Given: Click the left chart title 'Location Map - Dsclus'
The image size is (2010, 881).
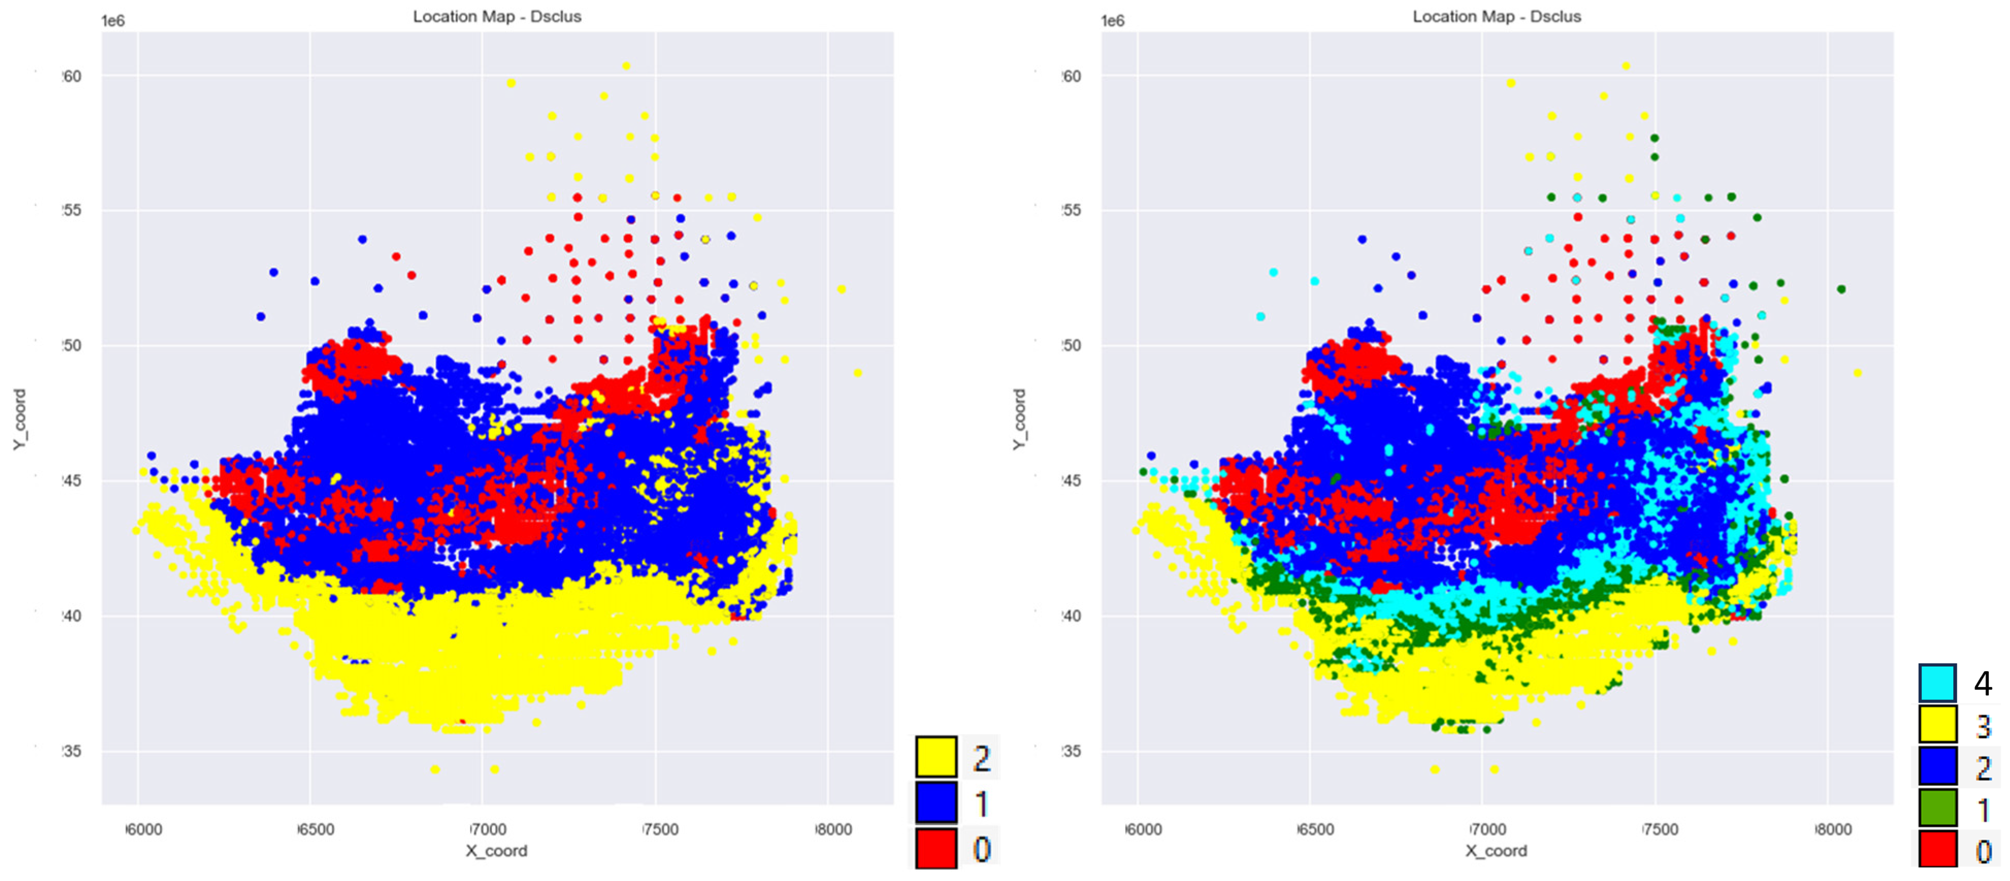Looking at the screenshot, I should tap(497, 16).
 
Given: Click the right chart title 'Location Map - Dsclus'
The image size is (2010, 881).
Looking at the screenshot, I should tap(1496, 16).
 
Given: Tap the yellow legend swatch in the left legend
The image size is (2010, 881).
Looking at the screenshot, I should tap(935, 757).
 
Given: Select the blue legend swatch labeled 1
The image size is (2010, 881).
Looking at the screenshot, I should tap(935, 803).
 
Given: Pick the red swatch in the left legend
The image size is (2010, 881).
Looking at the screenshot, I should tap(935, 848).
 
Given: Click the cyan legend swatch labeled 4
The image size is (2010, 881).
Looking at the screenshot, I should tap(1937, 684).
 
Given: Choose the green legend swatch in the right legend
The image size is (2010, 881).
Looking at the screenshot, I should tap(1937, 808).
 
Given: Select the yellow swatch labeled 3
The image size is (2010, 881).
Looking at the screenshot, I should tap(1937, 725).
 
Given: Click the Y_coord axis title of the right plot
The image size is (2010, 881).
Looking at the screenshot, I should tap(1019, 419).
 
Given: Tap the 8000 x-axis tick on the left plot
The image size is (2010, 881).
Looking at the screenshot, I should tap(833, 829).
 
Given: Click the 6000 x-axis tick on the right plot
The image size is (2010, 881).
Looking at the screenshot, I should tap(1143, 829).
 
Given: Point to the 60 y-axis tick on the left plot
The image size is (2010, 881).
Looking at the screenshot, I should tap(72, 76).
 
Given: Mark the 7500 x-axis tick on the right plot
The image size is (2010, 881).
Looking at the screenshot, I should tap(1660, 829).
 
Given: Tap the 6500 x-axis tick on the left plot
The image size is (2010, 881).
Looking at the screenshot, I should tap(317, 829).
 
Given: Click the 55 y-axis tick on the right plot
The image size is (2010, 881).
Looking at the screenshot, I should tap(1072, 211).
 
